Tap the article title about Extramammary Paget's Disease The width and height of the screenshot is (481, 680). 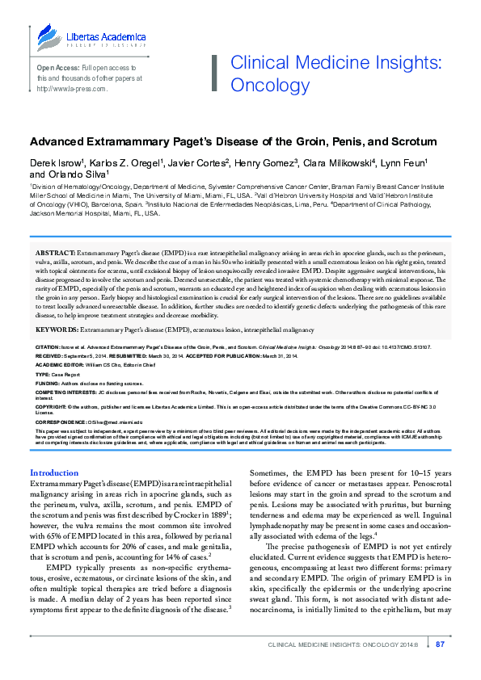[233, 141]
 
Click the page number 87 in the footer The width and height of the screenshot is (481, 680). [441, 644]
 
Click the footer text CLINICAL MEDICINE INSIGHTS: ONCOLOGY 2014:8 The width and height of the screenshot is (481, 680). [349, 644]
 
